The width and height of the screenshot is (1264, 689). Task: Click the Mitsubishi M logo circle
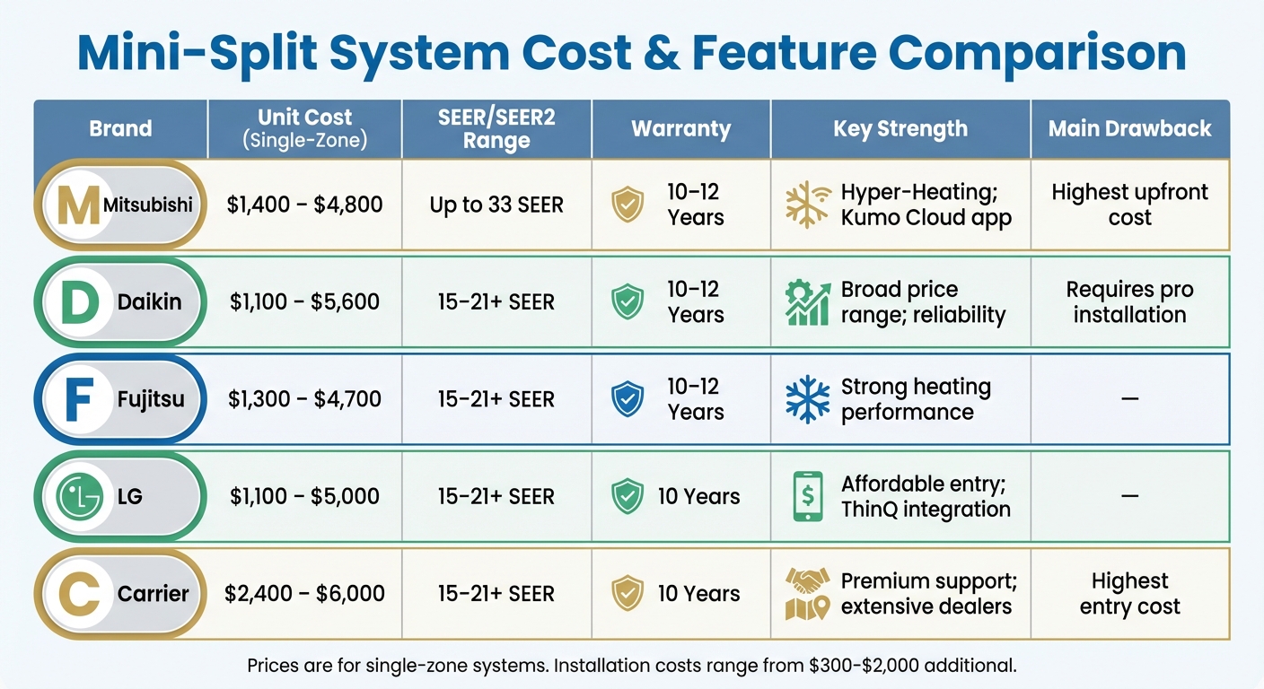pos(78,205)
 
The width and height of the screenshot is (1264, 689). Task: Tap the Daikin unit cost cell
pos(304,302)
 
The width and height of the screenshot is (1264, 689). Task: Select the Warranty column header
pos(680,129)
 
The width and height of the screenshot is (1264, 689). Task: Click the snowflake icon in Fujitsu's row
pos(807,399)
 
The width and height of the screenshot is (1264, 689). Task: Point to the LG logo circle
pos(78,496)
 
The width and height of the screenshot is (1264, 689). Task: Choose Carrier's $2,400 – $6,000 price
pos(304,593)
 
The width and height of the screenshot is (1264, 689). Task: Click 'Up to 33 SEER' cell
pos(496,205)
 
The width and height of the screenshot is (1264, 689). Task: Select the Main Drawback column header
pos(1129,129)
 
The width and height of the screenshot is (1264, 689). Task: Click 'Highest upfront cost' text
pos(1129,205)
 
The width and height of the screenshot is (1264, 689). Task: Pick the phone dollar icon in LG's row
pos(807,496)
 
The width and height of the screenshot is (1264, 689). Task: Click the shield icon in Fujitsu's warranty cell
pos(628,399)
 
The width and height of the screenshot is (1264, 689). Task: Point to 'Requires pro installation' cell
pos(1129,302)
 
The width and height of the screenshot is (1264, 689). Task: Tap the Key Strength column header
pos(900,129)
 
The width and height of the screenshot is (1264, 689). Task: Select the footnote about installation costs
pos(631,666)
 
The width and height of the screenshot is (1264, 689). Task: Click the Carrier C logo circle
pos(78,593)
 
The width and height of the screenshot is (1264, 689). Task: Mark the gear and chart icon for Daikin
pos(807,302)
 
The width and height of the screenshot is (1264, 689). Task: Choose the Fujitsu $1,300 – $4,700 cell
pos(304,399)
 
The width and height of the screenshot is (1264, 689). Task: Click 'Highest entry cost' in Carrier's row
pos(1129,593)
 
